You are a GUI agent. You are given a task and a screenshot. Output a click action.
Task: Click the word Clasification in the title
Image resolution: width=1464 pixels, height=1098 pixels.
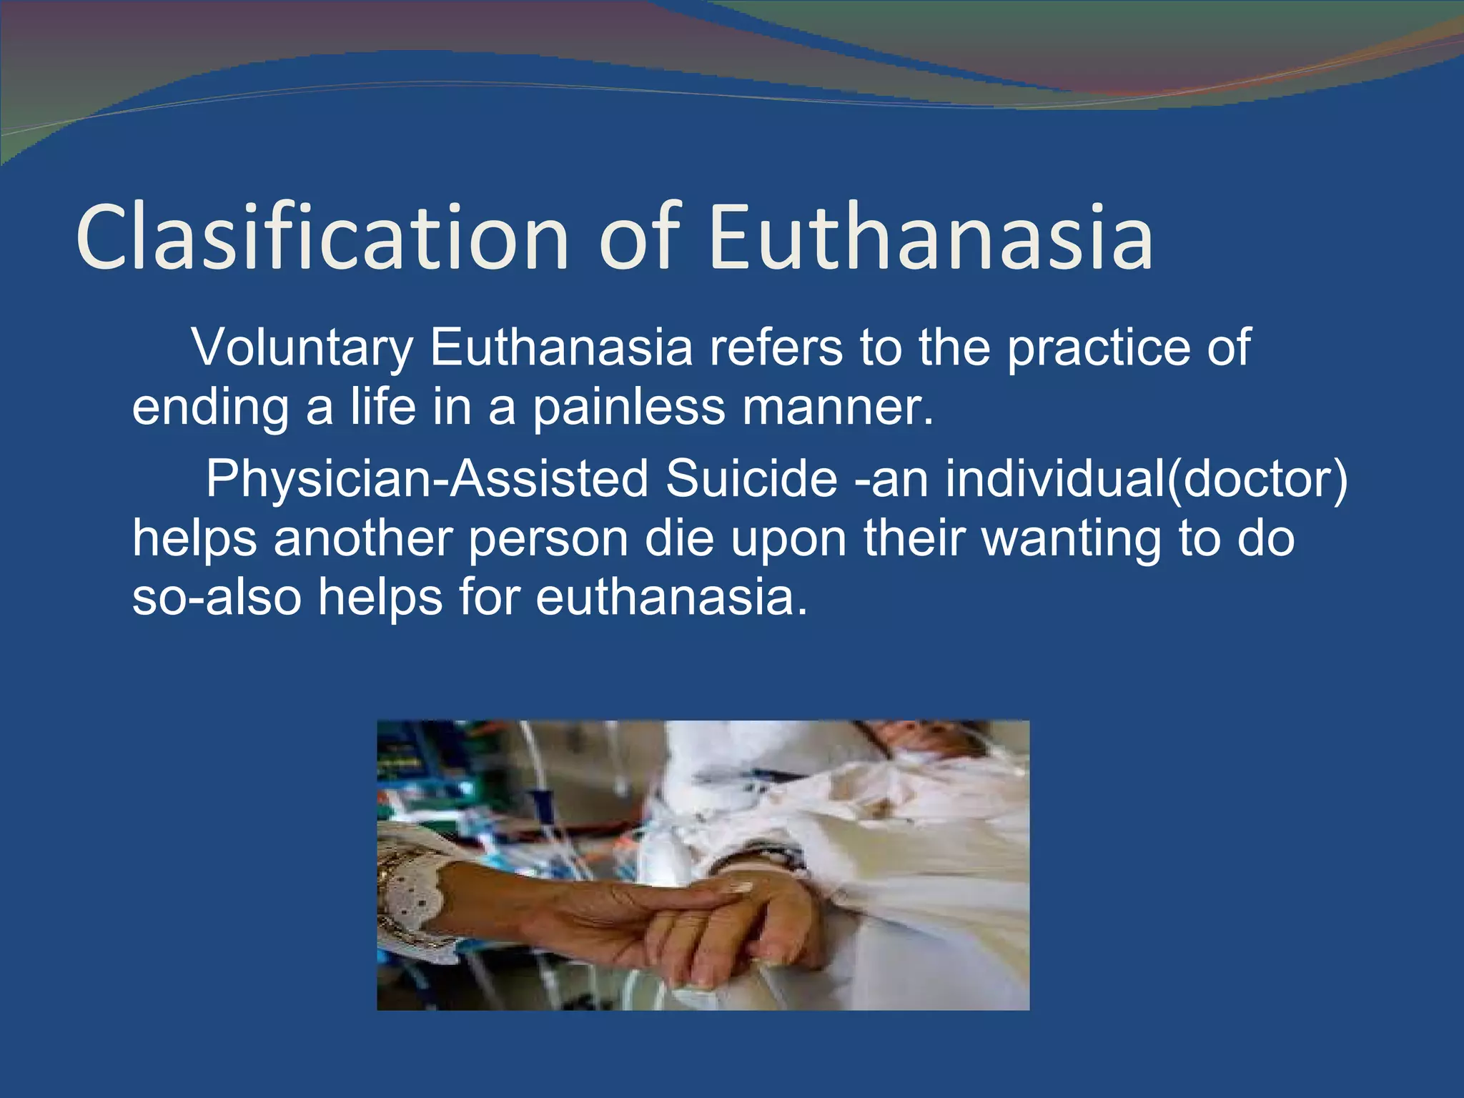point(322,237)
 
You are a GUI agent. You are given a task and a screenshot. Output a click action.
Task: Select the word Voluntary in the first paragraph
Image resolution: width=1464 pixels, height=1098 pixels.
point(302,348)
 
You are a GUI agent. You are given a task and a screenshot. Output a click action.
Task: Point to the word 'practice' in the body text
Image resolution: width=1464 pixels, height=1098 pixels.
point(1097,348)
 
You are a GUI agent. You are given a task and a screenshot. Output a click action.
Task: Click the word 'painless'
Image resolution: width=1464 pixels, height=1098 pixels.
point(629,408)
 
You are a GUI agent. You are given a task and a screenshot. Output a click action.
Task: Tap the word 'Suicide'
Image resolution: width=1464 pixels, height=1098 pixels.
point(751,479)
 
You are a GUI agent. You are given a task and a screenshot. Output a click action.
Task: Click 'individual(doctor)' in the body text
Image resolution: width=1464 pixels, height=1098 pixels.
point(1147,479)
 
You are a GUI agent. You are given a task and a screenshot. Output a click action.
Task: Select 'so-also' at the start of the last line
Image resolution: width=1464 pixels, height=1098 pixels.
point(217,598)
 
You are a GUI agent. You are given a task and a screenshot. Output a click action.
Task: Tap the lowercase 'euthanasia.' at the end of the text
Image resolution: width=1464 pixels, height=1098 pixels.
point(672,598)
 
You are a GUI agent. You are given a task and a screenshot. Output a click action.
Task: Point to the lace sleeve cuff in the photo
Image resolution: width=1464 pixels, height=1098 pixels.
point(415,901)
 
